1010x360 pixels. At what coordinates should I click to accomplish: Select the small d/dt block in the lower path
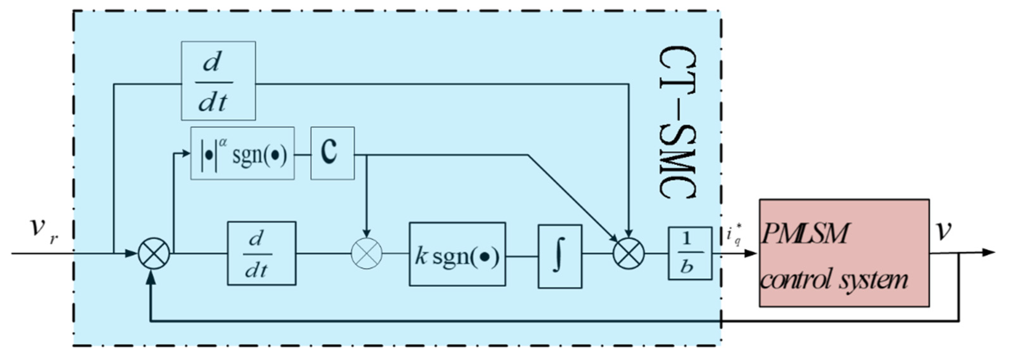[261, 253]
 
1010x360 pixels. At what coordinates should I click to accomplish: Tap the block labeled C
[332, 153]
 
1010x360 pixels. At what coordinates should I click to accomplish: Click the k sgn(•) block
[457, 254]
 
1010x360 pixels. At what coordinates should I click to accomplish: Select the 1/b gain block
[690, 253]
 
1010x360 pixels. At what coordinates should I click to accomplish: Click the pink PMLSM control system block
[844, 253]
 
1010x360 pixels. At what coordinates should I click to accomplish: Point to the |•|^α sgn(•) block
[242, 153]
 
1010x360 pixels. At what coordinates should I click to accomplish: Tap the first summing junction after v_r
[154, 253]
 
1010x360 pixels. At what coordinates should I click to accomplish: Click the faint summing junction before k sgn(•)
[366, 253]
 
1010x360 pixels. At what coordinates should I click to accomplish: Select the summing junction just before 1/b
[628, 253]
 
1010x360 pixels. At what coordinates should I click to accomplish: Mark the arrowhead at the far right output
[990, 252]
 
